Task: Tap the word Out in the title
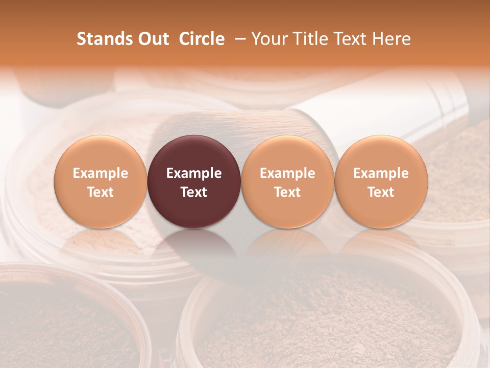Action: click(153, 39)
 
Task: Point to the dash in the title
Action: click(238, 39)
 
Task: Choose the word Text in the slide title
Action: click(350, 39)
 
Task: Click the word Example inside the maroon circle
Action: click(194, 173)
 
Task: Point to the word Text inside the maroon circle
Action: click(194, 192)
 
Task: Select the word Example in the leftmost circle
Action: click(100, 173)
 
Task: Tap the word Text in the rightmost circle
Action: click(381, 192)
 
